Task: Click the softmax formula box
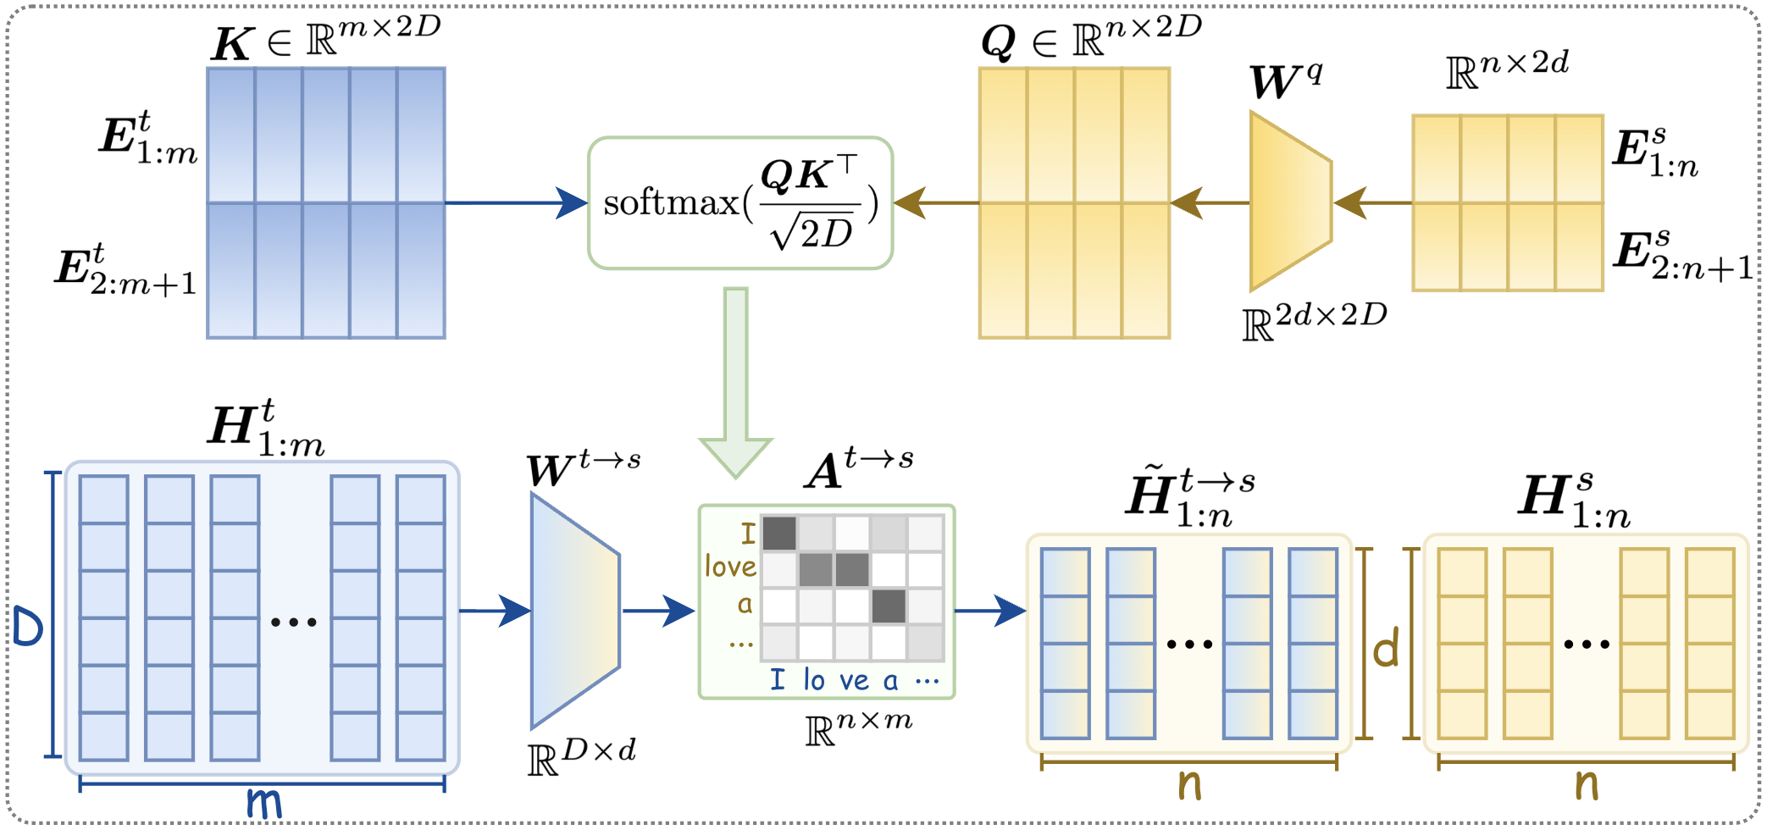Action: (x=739, y=203)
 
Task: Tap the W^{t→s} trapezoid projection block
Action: (x=575, y=611)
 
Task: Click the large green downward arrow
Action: (x=735, y=381)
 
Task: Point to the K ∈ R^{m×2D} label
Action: (x=326, y=39)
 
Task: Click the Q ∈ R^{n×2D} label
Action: (x=1090, y=39)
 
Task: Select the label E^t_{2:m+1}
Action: (x=126, y=269)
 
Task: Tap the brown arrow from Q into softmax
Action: (x=935, y=203)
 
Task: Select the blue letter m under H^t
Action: (x=263, y=801)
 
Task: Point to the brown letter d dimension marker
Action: (x=1385, y=649)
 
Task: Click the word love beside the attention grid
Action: (x=730, y=566)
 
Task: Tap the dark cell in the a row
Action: (x=889, y=606)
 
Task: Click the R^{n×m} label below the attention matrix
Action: (x=858, y=728)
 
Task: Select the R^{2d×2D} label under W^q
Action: (x=1314, y=320)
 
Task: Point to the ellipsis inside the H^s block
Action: (x=1586, y=644)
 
